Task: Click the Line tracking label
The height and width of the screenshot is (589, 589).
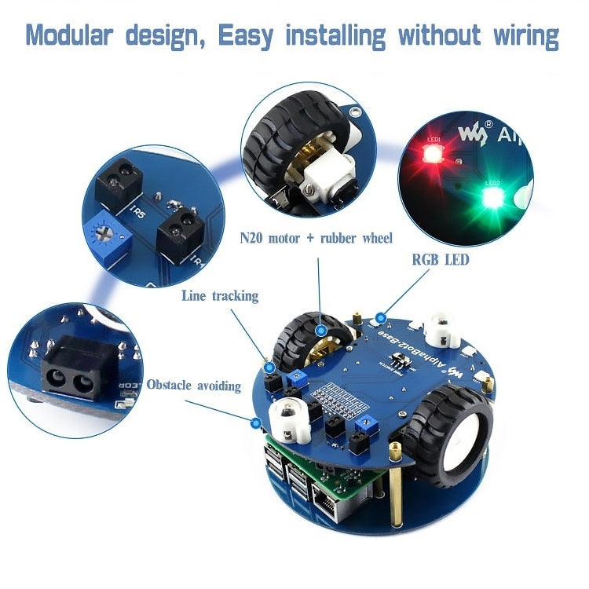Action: pyautogui.click(x=220, y=296)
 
